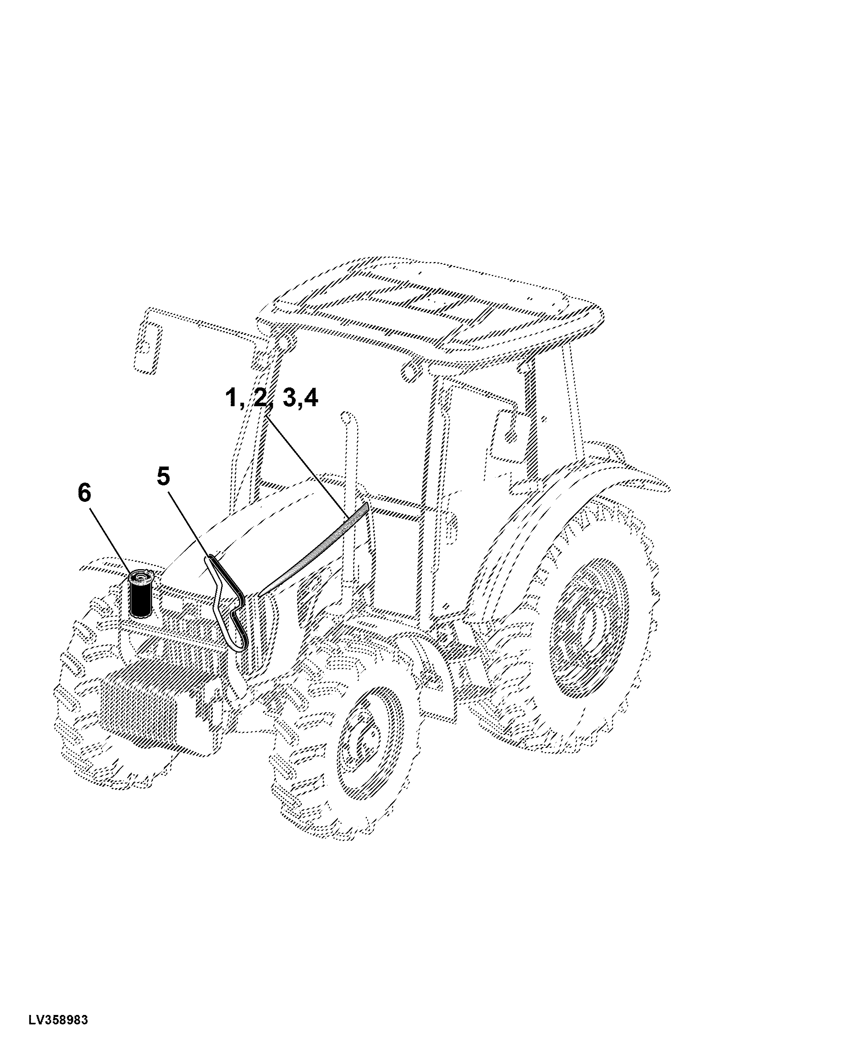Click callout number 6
tap(85, 492)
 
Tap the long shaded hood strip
tap(313, 550)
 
